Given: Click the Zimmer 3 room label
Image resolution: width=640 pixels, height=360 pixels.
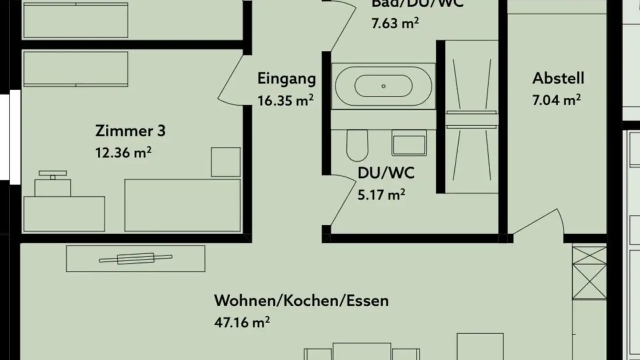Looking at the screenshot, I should coord(130,131).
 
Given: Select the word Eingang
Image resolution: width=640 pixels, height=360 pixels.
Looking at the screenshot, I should coord(287,79).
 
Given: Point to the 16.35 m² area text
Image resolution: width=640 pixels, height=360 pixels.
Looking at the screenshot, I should coord(285,100).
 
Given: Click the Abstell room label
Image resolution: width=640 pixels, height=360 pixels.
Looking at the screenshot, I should coord(558,78).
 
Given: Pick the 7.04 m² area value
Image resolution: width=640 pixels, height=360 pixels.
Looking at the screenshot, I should coord(556,100).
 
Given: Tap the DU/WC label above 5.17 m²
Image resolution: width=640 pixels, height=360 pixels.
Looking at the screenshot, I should coord(386,173).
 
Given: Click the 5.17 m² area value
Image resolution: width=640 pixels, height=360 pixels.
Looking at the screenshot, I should coord(381,194).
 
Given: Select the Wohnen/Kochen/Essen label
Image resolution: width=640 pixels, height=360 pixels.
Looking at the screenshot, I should coord(301,300).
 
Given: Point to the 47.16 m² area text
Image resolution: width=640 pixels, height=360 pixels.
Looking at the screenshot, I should coord(242,322).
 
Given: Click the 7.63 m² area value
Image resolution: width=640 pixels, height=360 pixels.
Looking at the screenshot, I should coord(395,23).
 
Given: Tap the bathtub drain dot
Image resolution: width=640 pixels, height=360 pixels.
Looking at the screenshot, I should coord(384,86).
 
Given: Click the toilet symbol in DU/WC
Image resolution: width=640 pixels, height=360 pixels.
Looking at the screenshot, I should coord(357,144).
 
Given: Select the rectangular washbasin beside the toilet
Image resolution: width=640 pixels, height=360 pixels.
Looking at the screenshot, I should coord(409,143).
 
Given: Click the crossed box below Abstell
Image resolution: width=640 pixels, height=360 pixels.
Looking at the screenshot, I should coord(589,273).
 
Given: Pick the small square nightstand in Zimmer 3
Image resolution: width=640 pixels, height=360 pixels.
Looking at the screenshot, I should coord(225,162).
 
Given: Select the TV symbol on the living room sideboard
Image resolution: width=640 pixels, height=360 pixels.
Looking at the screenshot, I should coord(136,258).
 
